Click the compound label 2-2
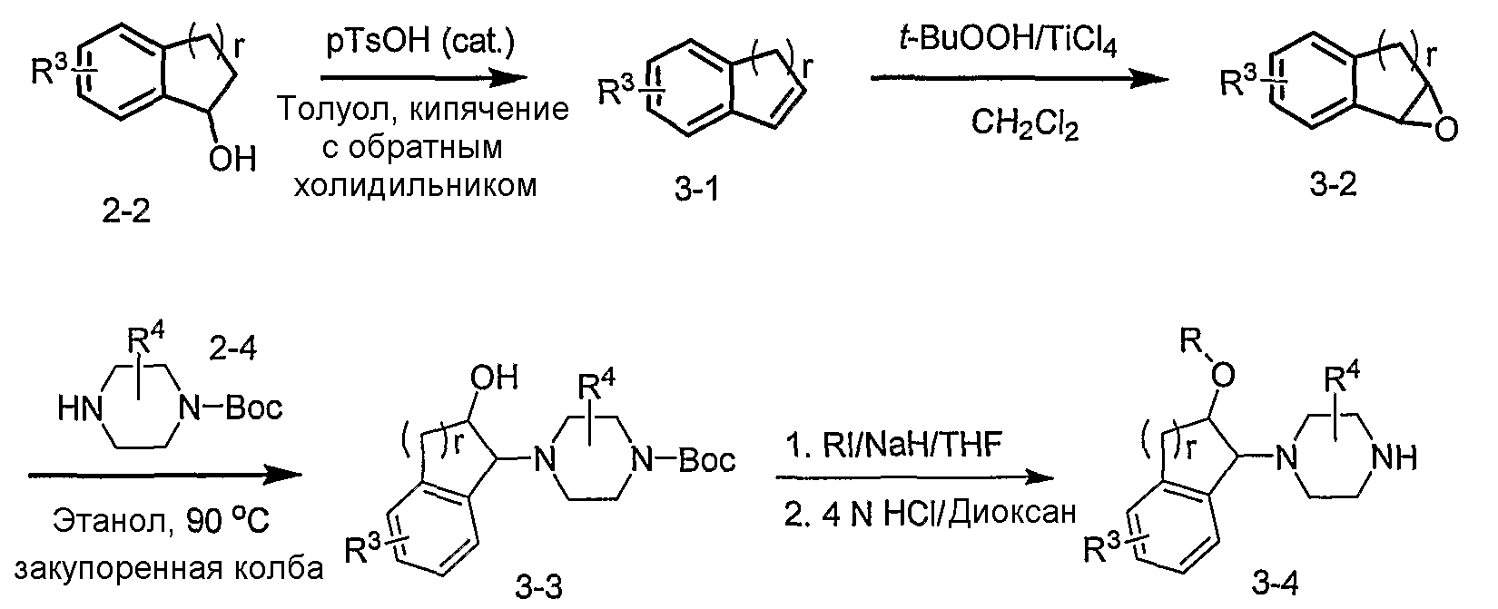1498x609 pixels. point(125,211)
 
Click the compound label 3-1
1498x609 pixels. point(697,190)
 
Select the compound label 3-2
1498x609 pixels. point(1333,184)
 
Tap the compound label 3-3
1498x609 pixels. point(538,587)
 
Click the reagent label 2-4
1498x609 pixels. point(232,349)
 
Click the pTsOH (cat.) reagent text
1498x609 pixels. point(420,43)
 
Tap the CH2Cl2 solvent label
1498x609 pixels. point(1024,124)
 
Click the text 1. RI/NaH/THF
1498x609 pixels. point(895,444)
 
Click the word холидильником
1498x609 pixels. point(415,185)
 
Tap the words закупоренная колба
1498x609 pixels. point(169,568)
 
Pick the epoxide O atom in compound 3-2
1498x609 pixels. point(1446,128)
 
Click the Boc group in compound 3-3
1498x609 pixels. point(706,460)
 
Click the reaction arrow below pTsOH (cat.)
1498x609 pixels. point(424,77)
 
